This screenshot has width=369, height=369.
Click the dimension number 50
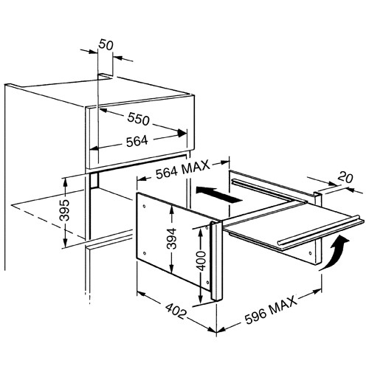[x=106, y=45]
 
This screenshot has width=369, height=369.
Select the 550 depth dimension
[x=139, y=119]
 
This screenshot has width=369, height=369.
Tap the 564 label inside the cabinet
[x=137, y=141]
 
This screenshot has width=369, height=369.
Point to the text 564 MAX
[x=183, y=170]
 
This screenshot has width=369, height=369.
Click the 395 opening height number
[x=65, y=210]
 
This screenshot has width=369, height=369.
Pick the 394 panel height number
[x=171, y=238]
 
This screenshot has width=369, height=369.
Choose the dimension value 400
[x=201, y=261]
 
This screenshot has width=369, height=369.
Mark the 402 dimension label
[x=175, y=311]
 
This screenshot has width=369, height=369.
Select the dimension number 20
[x=345, y=178]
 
